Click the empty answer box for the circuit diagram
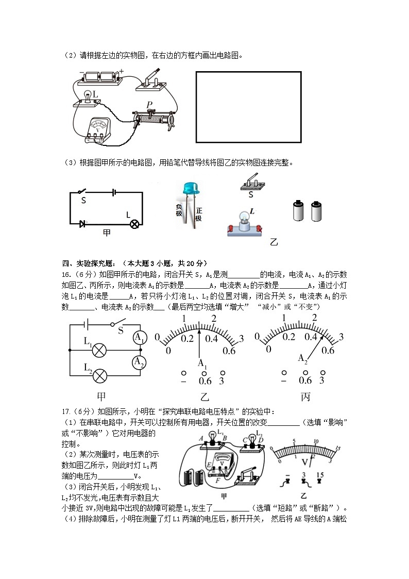pyautogui.click(x=248, y=107)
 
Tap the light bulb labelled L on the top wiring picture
pyautogui.click(x=88, y=96)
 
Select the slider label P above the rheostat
pyautogui.click(x=149, y=105)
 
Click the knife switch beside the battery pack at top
pyautogui.click(x=152, y=80)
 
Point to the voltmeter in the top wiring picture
pyautogui.click(x=96, y=129)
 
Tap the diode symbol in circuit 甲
pyautogui.click(x=82, y=224)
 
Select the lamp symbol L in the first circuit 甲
pyautogui.click(x=134, y=224)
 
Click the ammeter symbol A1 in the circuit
pyautogui.click(x=139, y=338)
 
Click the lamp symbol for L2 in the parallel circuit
pyautogui.click(x=99, y=376)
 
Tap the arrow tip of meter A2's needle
pyautogui.click(x=325, y=335)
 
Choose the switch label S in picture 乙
pyautogui.click(x=251, y=195)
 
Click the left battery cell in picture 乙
pyautogui.click(x=298, y=211)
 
